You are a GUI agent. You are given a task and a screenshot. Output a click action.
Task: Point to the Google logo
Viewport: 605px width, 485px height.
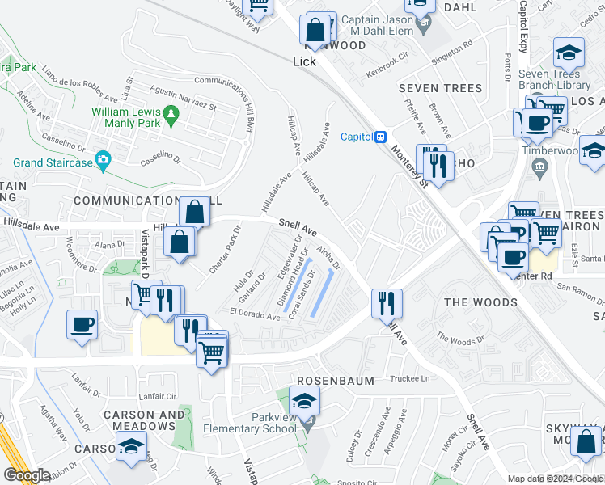coord(27,475)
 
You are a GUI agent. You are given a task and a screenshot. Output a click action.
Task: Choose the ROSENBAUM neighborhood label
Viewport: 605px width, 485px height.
coord(335,380)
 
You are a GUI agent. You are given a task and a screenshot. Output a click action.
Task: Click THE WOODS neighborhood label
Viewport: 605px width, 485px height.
coord(481,302)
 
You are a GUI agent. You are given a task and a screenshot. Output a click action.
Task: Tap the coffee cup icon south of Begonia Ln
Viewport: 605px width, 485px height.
coord(82,325)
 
